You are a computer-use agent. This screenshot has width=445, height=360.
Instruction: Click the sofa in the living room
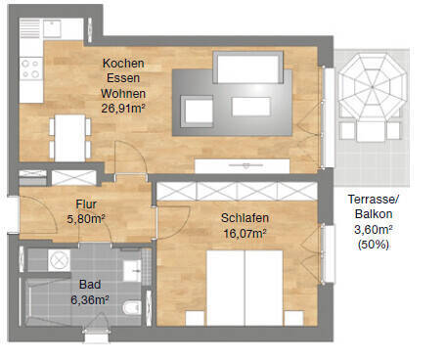click(x=245, y=68)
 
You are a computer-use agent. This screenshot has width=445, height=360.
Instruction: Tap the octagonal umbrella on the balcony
click(x=369, y=87)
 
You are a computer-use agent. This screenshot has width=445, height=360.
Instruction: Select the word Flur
click(x=86, y=205)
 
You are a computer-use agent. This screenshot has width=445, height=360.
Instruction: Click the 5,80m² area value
click(x=86, y=219)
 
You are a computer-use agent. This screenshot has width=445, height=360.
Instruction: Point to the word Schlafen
click(x=245, y=218)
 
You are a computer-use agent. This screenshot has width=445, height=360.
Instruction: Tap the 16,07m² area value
click(x=245, y=233)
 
